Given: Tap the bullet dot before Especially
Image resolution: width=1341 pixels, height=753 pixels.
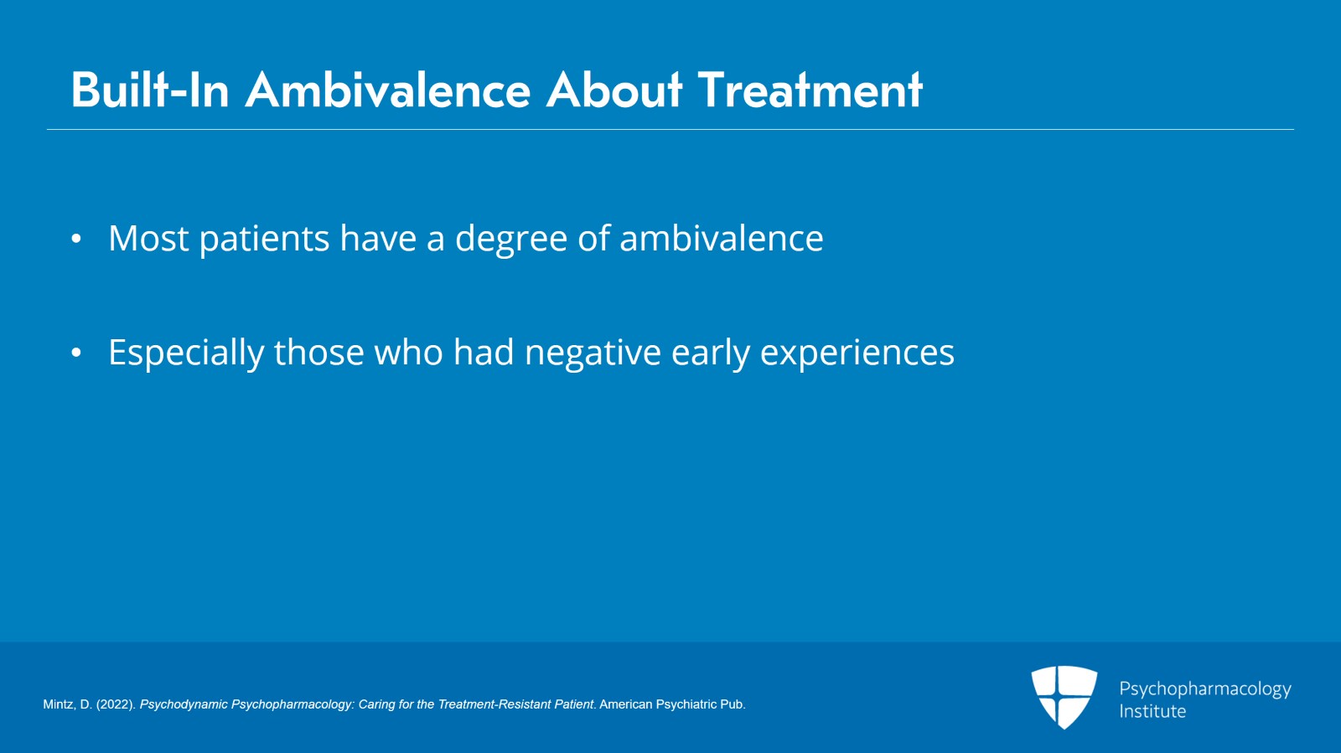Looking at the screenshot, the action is click(76, 353).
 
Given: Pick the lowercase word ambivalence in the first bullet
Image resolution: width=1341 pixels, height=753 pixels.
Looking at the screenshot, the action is click(722, 238).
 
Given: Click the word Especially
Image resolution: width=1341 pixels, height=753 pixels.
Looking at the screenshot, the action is click(186, 353).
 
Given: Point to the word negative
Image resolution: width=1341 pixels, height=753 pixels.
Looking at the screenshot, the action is click(593, 353).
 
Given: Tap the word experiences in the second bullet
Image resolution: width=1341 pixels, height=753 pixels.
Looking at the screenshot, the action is click(857, 353).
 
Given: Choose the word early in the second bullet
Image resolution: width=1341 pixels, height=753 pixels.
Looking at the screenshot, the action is click(711, 353).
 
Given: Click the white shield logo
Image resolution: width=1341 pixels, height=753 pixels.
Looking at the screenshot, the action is click(1064, 697).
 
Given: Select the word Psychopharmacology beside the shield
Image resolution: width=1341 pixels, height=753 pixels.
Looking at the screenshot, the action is click(1205, 689).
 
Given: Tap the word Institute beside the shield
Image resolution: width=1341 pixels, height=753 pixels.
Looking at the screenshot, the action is click(1152, 711).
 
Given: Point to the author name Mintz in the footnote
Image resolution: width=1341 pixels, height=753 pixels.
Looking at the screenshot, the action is click(60, 704).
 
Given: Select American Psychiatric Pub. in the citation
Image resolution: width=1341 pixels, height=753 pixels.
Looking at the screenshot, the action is click(672, 704).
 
